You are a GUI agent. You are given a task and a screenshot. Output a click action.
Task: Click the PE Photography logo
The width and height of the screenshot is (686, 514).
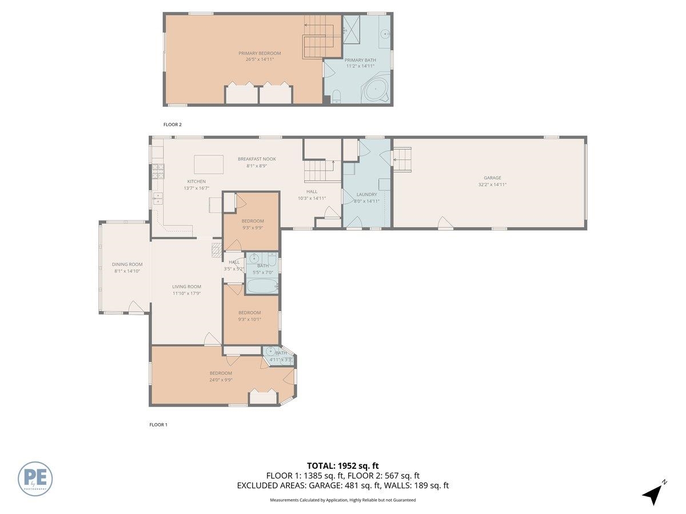tap(35, 479)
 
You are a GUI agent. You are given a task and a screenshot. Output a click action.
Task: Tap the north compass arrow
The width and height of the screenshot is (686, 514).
tap(652, 494)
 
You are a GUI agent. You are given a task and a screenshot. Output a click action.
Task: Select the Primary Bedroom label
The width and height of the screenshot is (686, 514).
tap(260, 53)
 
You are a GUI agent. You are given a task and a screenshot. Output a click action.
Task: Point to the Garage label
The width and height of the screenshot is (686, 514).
tap(492, 178)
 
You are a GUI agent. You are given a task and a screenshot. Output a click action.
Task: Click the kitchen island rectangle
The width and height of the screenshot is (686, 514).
tap(209, 164)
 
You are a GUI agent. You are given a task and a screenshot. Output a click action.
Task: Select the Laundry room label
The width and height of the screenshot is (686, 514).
tap(366, 194)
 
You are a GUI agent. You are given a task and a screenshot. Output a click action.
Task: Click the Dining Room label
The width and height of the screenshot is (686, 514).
tap(127, 264)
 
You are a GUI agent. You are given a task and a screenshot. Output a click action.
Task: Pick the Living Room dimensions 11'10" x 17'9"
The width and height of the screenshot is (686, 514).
tap(186, 293)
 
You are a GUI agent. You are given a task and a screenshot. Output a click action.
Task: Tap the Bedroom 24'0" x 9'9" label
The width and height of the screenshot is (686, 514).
tap(220, 373)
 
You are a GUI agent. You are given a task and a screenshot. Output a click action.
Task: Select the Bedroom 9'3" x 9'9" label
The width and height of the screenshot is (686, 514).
tap(252, 221)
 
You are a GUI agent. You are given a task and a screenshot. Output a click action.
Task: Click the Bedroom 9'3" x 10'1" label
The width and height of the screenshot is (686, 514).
tap(249, 312)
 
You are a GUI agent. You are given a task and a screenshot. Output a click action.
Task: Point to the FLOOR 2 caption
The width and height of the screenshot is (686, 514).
tap(172, 124)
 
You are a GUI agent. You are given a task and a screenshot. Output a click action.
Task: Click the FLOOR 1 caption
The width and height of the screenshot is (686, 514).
tap(158, 425)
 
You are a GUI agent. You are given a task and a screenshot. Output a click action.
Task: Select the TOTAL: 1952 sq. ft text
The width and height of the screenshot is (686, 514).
tap(342, 465)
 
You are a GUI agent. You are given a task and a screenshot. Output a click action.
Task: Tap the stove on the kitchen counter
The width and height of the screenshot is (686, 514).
tap(158, 171)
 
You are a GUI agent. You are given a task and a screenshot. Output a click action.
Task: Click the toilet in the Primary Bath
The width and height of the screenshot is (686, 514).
tap(336, 96)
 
